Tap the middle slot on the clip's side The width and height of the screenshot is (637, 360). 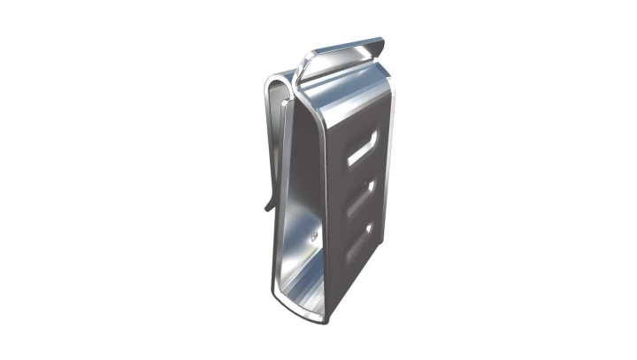(360, 200)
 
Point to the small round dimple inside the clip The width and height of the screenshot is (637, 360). (315, 235)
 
